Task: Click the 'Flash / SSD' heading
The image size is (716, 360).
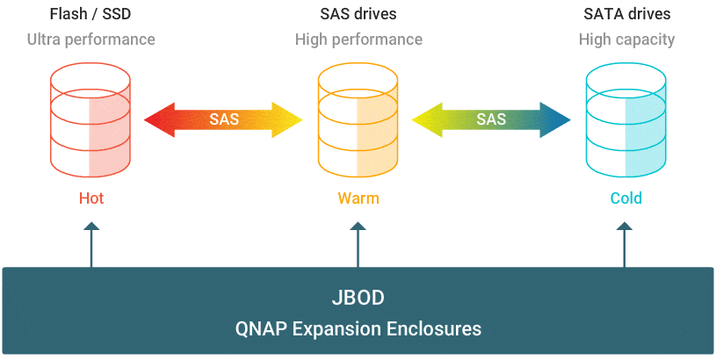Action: (90, 14)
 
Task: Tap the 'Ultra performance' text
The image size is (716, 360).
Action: (90, 40)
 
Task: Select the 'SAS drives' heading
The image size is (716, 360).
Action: (358, 14)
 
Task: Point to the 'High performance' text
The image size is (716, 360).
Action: (358, 40)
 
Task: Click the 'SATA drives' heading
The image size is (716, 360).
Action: (626, 14)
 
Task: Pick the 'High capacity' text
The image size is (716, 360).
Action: (626, 40)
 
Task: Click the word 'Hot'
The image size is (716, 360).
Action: (90, 198)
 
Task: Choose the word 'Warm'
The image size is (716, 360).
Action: (358, 198)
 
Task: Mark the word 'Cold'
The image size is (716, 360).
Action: (626, 198)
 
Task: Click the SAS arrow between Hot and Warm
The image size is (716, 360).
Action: (224, 119)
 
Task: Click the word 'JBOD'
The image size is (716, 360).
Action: (358, 298)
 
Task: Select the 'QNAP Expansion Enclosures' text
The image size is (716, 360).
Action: (358, 329)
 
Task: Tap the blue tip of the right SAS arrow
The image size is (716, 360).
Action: (553, 119)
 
